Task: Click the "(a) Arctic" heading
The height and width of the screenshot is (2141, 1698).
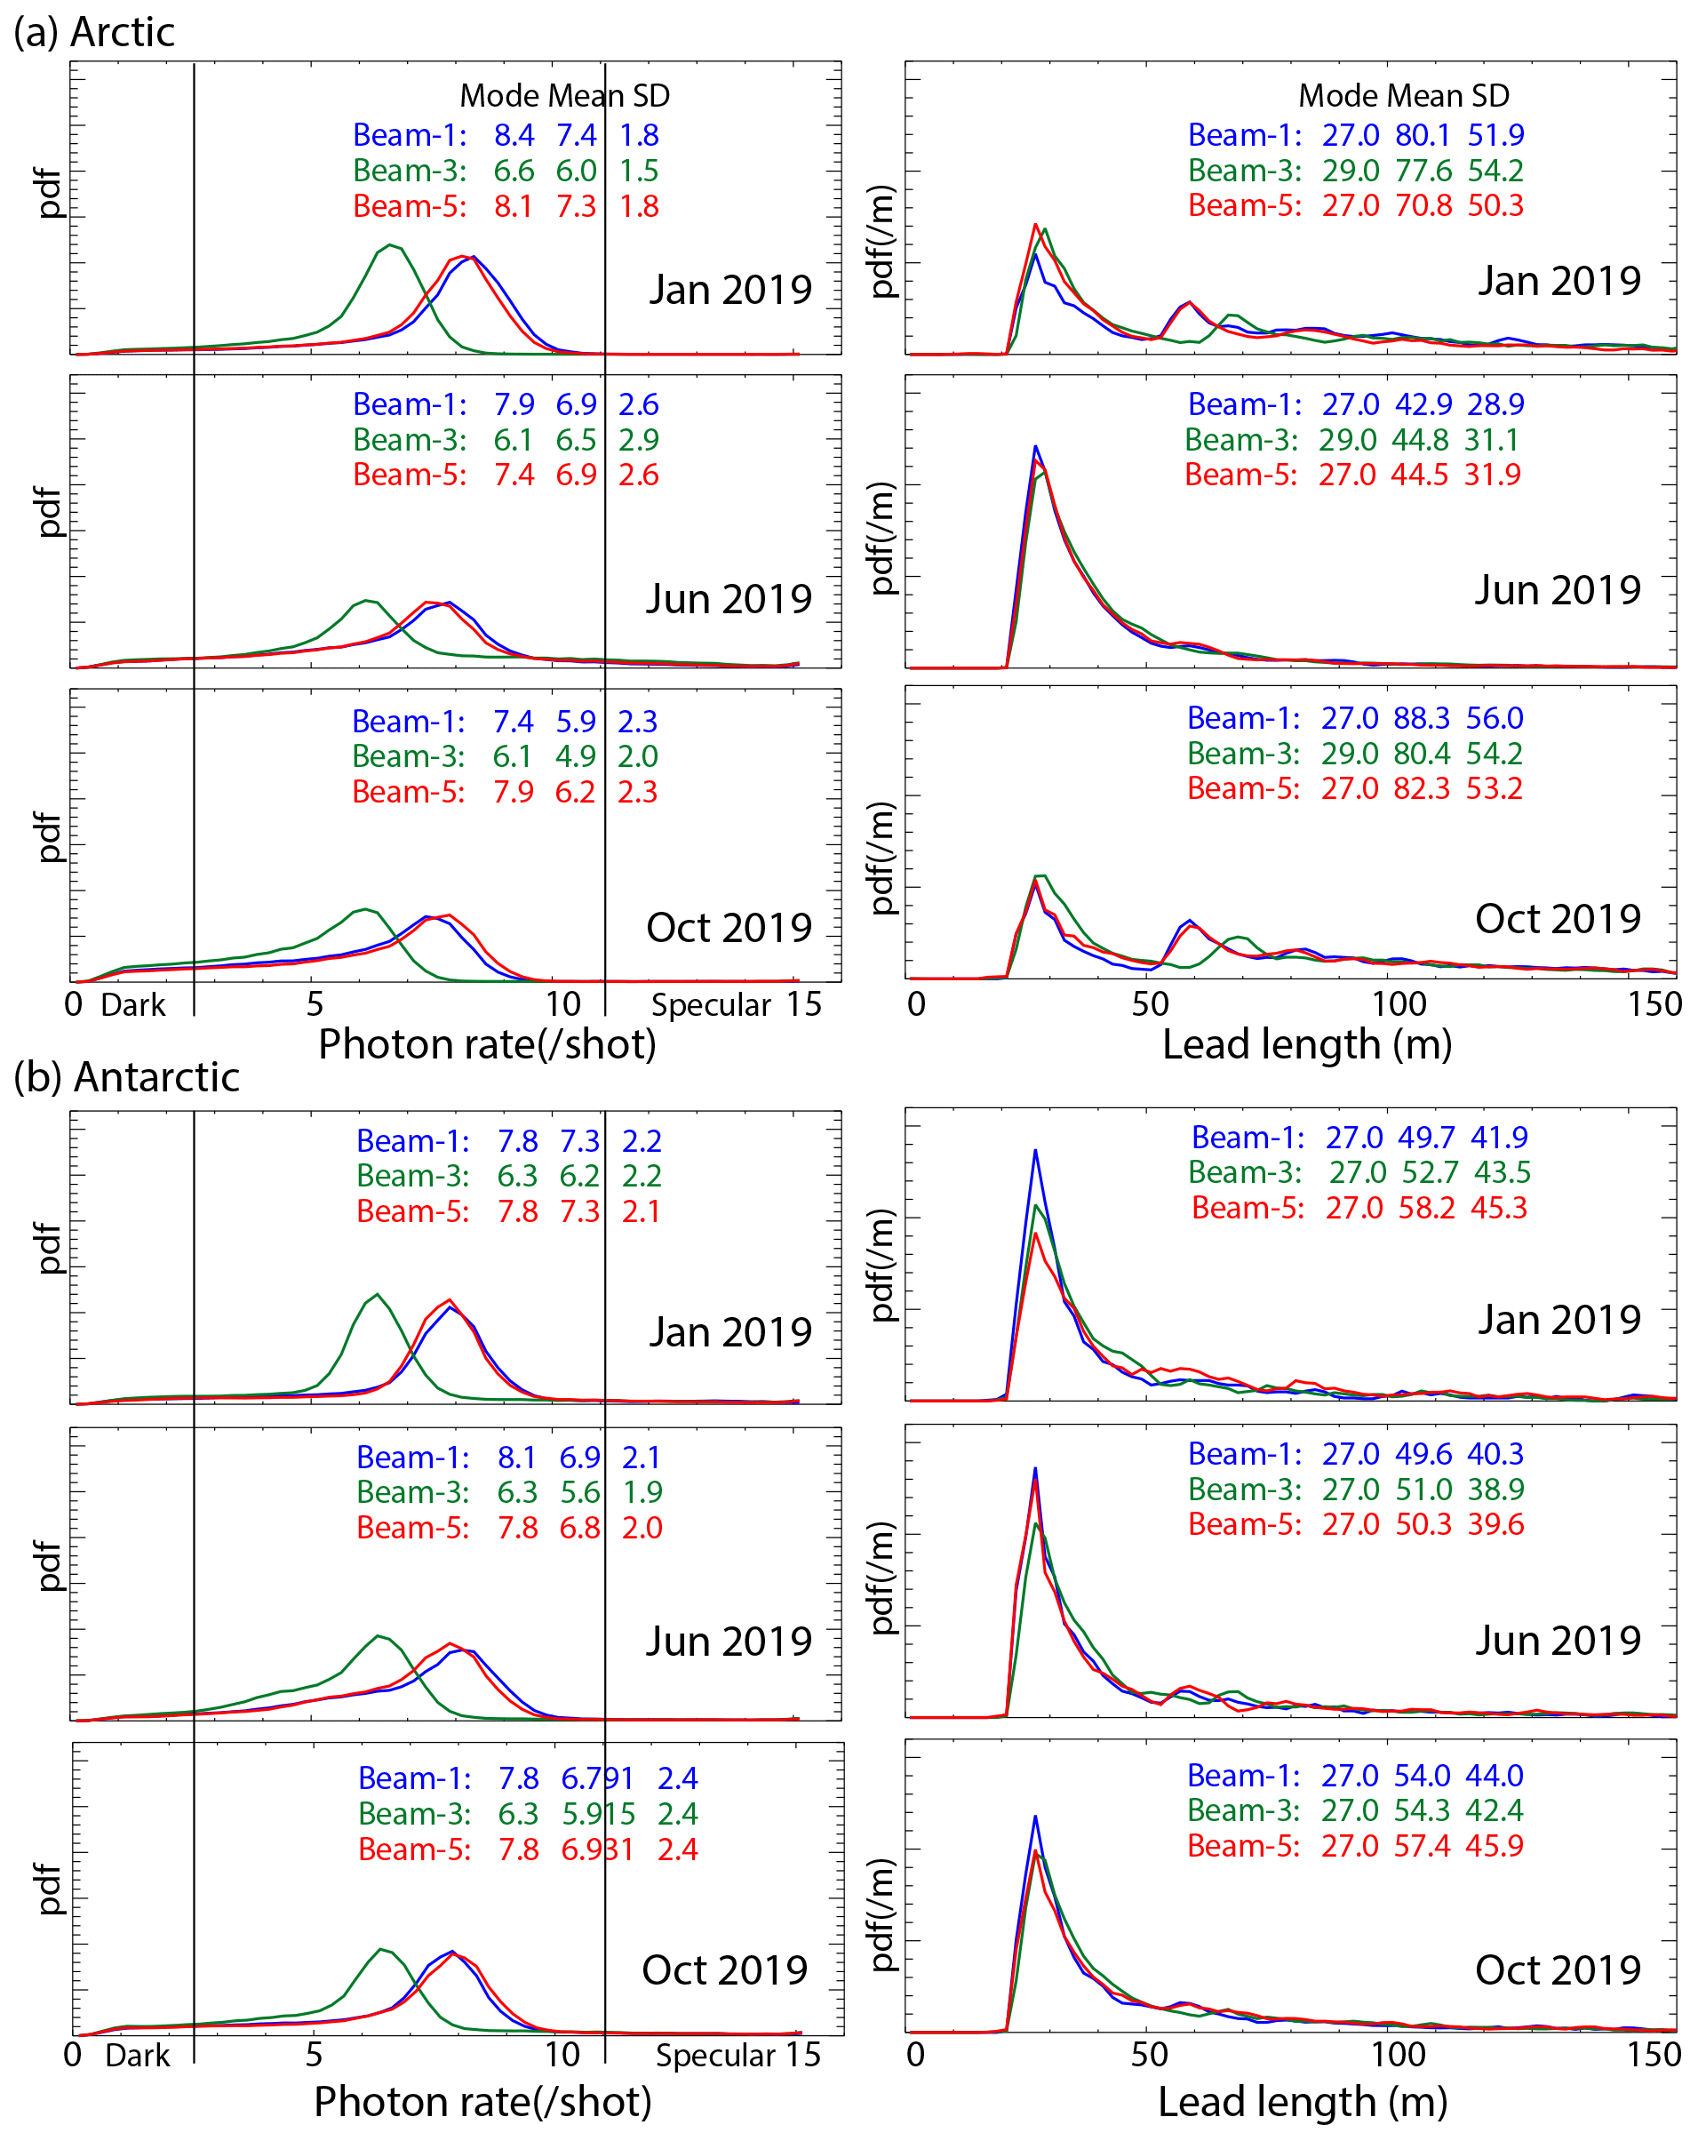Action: coord(93,33)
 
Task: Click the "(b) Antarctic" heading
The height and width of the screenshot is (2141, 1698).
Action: coord(126,1077)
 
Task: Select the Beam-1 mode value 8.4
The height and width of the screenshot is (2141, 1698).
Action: coord(514,135)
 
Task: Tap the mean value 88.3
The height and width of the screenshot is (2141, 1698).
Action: coord(1421,718)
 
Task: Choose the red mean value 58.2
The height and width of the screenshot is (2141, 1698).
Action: coord(1427,1208)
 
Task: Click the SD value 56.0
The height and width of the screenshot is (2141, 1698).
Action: coord(1495,718)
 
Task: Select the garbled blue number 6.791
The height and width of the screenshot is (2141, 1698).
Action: coord(597,1778)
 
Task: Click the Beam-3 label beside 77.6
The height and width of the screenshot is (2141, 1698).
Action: coord(1244,171)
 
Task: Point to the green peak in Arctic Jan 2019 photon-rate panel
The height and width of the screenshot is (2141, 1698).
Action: coord(390,245)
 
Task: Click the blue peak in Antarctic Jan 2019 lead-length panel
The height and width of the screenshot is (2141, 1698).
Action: coord(1036,1151)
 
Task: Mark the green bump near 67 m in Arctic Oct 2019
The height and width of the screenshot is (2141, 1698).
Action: coord(1237,938)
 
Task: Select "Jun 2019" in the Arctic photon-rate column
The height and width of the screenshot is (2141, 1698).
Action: coord(729,599)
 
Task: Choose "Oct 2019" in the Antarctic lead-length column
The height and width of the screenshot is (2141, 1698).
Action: coord(1557,1970)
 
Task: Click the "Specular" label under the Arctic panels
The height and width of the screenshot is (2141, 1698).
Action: coord(711,1005)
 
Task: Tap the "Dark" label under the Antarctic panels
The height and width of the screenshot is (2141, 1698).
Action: coord(137,2055)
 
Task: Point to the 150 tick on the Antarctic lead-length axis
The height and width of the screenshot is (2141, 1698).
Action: coord(1654,2054)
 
